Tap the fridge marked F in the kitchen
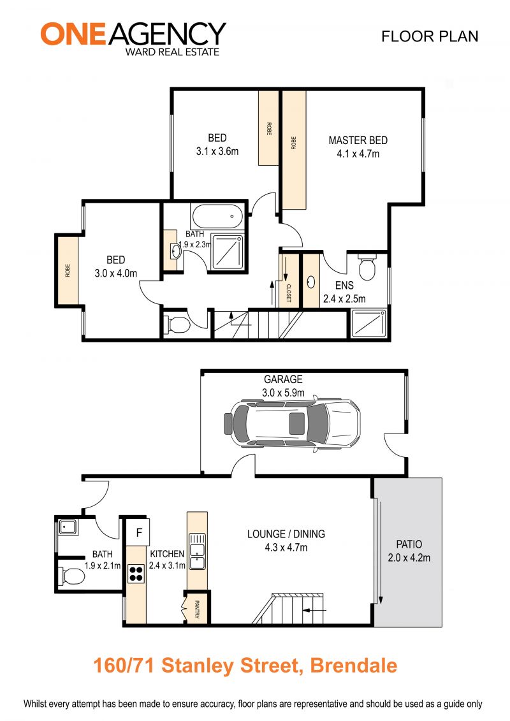click(x=138, y=532)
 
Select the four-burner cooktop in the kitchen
click(x=136, y=574)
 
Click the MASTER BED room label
click(x=358, y=140)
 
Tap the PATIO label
click(x=409, y=544)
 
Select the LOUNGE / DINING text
click(x=286, y=534)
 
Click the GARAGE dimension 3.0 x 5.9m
click(x=283, y=393)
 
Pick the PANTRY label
click(x=197, y=609)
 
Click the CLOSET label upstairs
click(x=289, y=293)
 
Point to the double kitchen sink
click(x=197, y=551)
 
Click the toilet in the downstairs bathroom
click(x=72, y=575)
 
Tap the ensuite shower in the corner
click(x=368, y=324)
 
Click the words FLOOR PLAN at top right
click(x=430, y=36)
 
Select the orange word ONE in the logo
click(x=73, y=34)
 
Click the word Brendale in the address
click(x=354, y=666)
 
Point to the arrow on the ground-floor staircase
click(x=314, y=611)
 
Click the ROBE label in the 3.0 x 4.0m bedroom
click(x=68, y=270)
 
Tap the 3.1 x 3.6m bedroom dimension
click(x=217, y=151)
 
